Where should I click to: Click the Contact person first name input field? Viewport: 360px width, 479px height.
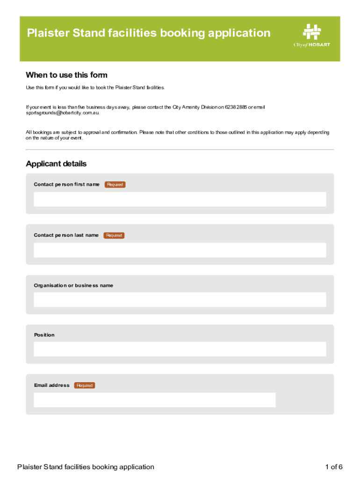180,199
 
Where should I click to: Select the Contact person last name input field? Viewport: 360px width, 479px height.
180,250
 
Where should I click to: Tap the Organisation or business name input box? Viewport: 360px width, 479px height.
180,300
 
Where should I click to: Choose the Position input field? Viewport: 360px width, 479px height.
180,349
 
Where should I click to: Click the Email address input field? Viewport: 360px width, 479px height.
154,400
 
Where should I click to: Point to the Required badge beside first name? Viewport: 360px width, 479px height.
115,185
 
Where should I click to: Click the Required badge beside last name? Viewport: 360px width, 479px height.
114,235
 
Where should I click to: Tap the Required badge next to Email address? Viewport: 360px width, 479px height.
85,385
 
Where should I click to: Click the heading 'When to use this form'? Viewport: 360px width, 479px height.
66,75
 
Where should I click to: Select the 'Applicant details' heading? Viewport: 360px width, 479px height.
56,164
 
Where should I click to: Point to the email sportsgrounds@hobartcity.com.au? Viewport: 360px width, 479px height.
62,113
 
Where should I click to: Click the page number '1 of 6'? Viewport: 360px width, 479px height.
334,467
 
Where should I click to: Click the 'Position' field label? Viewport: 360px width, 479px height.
44,335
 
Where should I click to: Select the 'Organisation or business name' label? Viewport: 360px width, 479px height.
73,285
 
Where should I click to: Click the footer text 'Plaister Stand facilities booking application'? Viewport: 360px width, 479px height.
86,467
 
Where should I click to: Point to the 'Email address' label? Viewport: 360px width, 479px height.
52,385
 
